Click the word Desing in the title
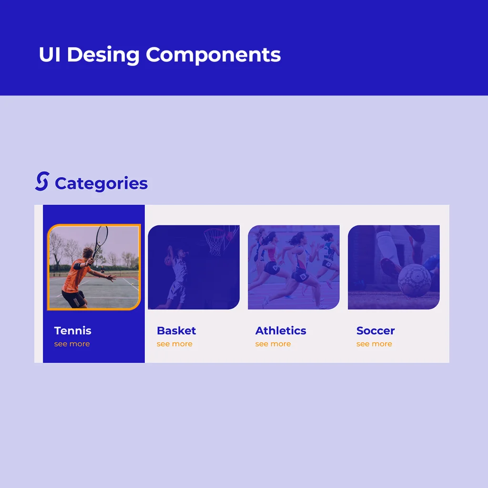point(103,55)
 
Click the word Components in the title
point(213,55)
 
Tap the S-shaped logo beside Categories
point(42,181)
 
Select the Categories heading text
point(101,183)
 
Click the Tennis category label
point(73,331)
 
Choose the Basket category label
point(176,331)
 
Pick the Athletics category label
point(281,331)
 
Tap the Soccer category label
point(376,331)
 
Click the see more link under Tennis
point(72,344)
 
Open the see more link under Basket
point(174,344)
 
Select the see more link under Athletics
point(273,344)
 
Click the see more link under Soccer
point(375,344)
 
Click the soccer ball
point(415,280)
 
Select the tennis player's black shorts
point(74,299)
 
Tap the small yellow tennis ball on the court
point(133,284)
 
